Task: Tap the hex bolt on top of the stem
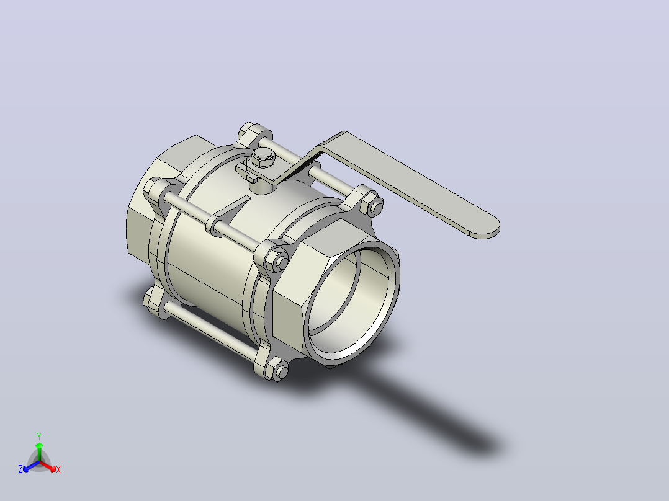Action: (263, 157)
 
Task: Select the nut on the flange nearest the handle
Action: (375, 208)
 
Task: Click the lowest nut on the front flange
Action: (281, 371)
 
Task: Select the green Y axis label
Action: (39, 437)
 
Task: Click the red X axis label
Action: (58, 469)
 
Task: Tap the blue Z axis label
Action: (20, 469)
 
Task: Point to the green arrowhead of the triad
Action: (39, 445)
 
